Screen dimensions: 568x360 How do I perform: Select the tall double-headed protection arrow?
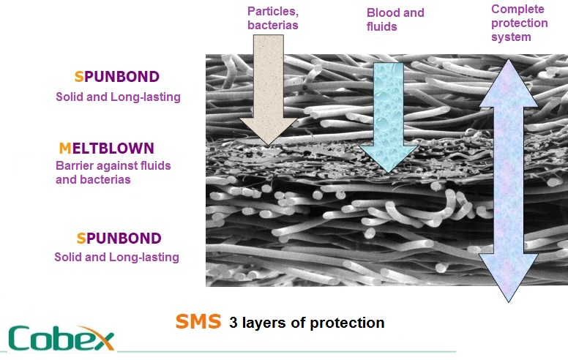click(x=508, y=180)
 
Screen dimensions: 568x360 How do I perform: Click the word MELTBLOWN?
click(x=107, y=148)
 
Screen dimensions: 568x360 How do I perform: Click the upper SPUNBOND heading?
click(x=116, y=77)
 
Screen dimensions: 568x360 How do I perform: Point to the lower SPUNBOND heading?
click(x=119, y=239)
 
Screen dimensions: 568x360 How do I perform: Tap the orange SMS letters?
click(x=198, y=322)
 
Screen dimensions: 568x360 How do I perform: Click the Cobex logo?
click(x=61, y=338)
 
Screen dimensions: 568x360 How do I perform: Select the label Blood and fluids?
click(x=395, y=20)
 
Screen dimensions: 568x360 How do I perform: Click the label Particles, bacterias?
click(x=273, y=18)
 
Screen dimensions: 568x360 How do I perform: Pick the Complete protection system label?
click(x=519, y=23)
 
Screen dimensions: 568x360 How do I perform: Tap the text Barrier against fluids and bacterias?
click(x=113, y=173)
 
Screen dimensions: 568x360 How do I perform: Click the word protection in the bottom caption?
click(x=347, y=323)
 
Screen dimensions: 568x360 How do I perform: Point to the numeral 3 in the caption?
click(x=233, y=323)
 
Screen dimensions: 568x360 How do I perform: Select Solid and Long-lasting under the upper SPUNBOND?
click(x=118, y=97)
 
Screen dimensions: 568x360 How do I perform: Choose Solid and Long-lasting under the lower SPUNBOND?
click(x=116, y=257)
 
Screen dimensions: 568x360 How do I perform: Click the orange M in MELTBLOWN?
click(x=65, y=148)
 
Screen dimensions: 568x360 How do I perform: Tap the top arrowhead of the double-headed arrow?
click(x=508, y=83)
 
